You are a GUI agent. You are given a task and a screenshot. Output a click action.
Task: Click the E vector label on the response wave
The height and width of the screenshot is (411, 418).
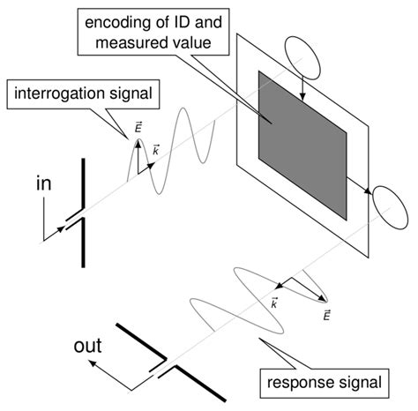pyautogui.click(x=327, y=316)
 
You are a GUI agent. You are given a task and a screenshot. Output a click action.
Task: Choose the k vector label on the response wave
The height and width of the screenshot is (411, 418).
pyautogui.click(x=274, y=304)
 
